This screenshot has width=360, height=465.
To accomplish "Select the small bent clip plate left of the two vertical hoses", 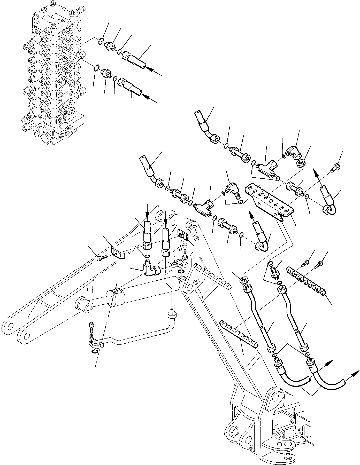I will coord(117,252).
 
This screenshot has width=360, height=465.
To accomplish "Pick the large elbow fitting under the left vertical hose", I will coord(151,270).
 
